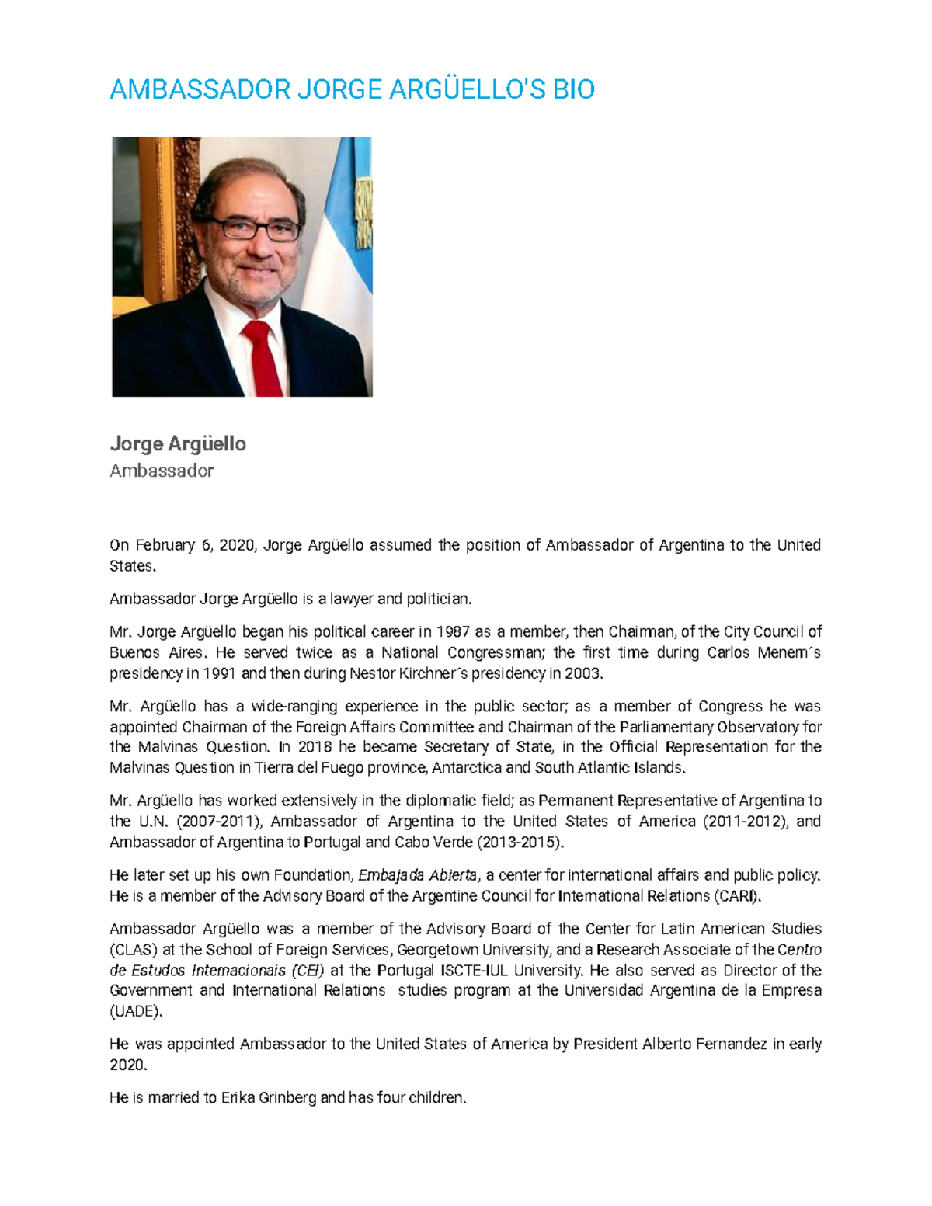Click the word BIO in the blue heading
pos(573,90)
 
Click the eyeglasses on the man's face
pos(250,228)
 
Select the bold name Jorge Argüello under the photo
pos(178,444)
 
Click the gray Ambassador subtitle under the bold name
pos(162,471)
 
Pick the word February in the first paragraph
pos(165,545)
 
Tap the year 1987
pos(453,631)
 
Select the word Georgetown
pos(437,950)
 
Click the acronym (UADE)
pos(137,1011)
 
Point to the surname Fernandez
pos(728,1044)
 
